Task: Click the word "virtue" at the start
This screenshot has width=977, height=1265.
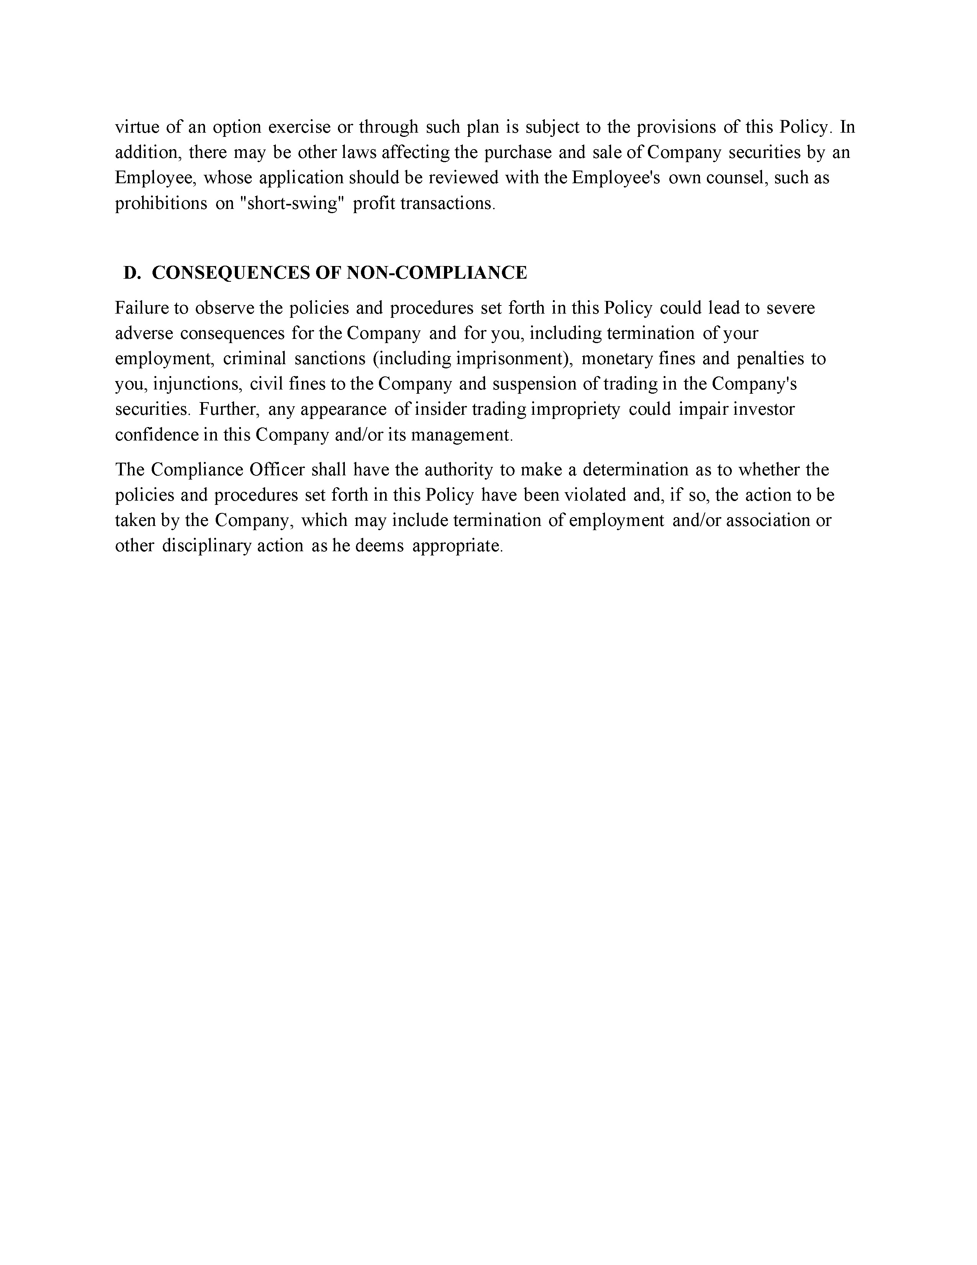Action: pyautogui.click(x=137, y=127)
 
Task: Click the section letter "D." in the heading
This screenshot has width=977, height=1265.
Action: pyautogui.click(x=133, y=273)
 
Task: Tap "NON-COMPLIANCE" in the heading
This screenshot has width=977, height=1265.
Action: pyautogui.click(x=437, y=273)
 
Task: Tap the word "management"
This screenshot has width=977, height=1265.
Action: pyautogui.click(x=461, y=435)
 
